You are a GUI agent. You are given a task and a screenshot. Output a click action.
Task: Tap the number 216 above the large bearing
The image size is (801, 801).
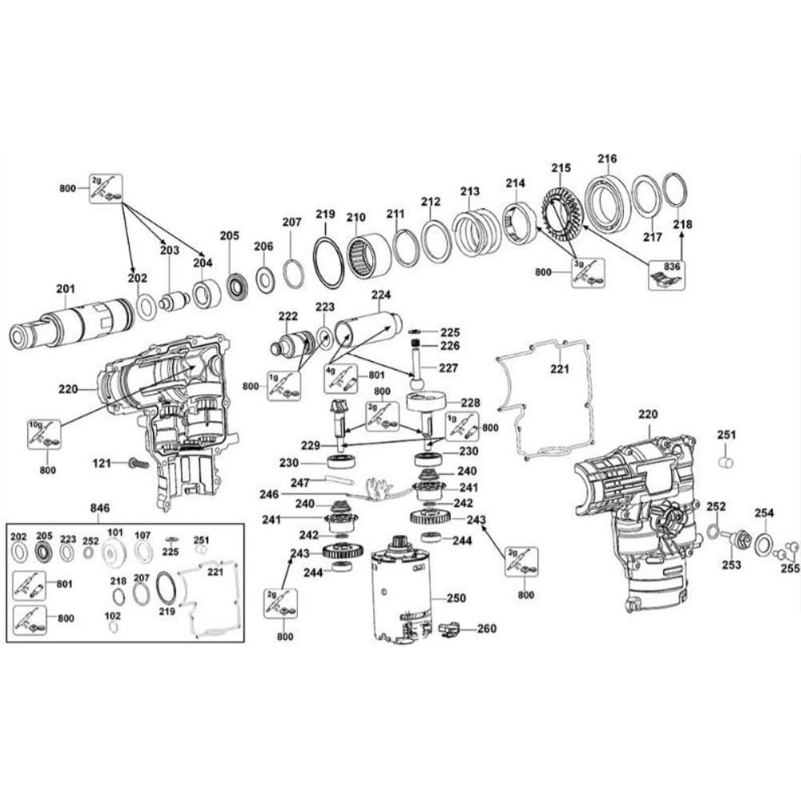click(607, 159)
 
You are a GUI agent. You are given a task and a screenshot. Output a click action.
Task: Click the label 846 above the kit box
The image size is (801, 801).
click(100, 509)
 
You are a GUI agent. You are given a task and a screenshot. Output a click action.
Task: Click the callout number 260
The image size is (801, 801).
click(487, 629)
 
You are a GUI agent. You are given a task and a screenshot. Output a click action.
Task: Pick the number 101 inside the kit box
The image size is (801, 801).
click(116, 533)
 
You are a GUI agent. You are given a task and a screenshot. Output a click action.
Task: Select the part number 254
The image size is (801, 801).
click(764, 513)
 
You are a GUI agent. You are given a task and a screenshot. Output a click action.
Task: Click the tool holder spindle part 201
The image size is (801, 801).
click(72, 324)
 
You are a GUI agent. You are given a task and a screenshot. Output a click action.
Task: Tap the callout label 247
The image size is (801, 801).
click(300, 482)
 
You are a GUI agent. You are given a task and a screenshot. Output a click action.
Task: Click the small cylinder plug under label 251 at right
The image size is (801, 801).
click(727, 462)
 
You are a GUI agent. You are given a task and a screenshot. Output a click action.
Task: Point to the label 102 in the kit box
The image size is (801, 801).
click(113, 615)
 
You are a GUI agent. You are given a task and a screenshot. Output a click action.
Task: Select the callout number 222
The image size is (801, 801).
click(288, 316)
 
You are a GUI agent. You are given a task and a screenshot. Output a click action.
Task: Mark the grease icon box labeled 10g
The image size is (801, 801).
click(43, 433)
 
